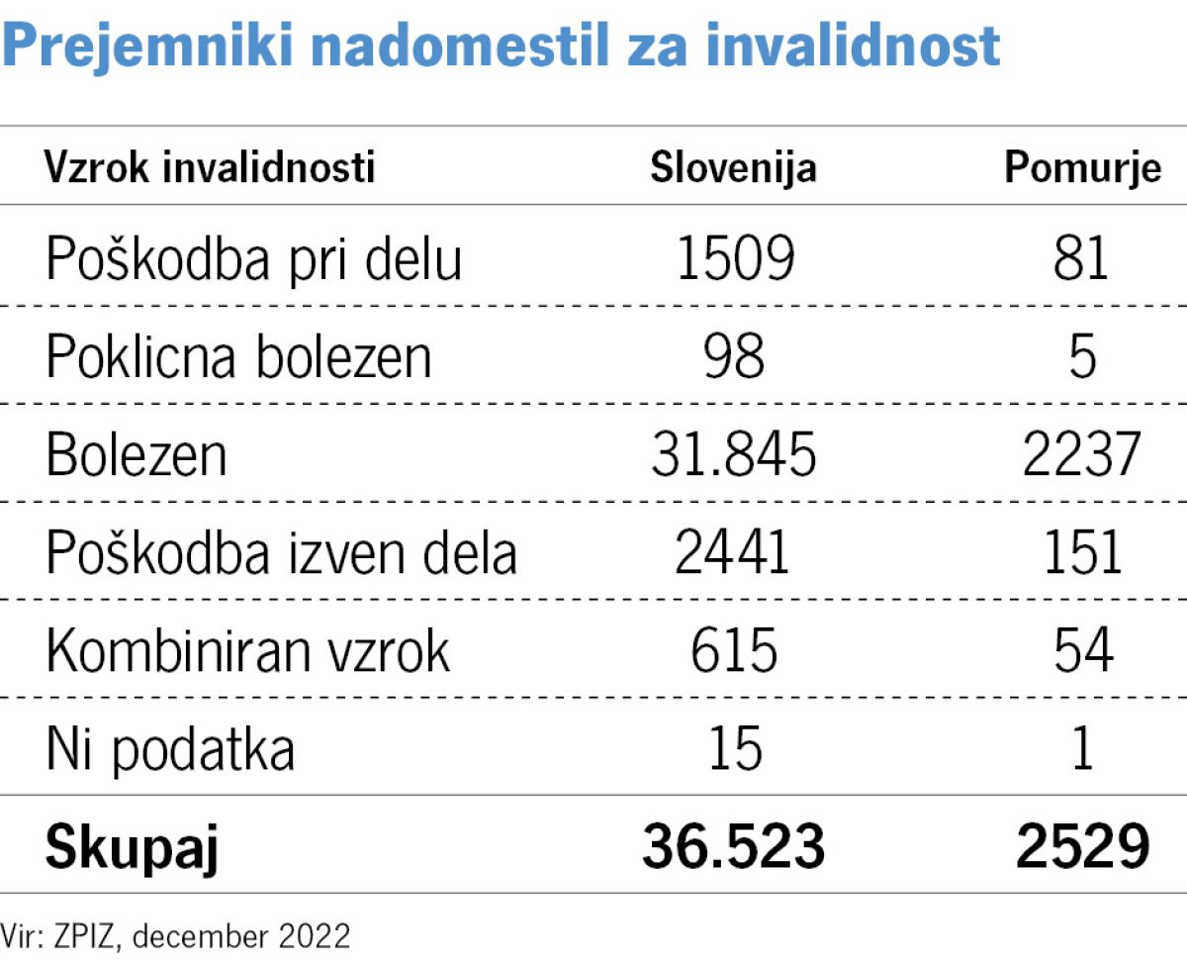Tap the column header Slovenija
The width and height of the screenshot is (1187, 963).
pyautogui.click(x=733, y=168)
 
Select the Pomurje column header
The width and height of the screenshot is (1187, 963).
pyautogui.click(x=1082, y=168)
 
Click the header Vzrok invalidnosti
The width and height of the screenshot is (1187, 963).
pyautogui.click(x=210, y=168)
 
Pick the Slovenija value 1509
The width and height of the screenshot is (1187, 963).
pyautogui.click(x=735, y=259)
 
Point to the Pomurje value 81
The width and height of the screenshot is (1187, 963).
pyautogui.click(x=1082, y=259)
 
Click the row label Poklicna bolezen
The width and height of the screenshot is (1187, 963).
pyautogui.click(x=239, y=356)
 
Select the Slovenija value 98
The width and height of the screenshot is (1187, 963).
pyautogui.click(x=735, y=356)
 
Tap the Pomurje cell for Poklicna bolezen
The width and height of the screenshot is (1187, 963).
pyautogui.click(x=1083, y=356)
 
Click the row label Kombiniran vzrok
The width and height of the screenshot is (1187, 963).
pyautogui.click(x=247, y=650)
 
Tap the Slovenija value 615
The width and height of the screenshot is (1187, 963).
pyautogui.click(x=734, y=650)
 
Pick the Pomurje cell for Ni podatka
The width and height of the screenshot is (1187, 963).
pyautogui.click(x=1083, y=748)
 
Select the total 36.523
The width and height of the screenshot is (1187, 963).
pyautogui.click(x=733, y=846)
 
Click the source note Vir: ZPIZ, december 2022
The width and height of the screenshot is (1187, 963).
pyautogui.click(x=176, y=934)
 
